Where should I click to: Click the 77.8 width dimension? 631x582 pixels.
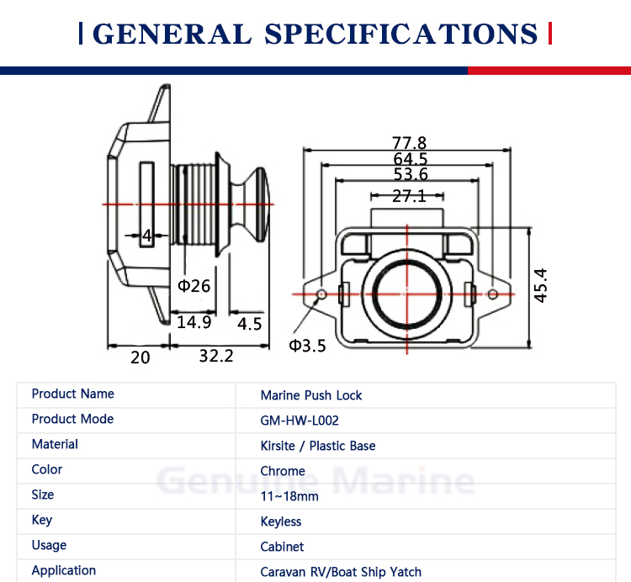(x=409, y=142)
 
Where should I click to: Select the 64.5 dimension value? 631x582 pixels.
(x=410, y=158)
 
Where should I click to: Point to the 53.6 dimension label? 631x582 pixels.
(x=411, y=174)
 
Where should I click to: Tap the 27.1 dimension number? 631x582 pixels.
(x=409, y=196)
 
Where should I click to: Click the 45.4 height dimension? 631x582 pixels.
(x=540, y=285)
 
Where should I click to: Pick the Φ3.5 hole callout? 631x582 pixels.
(x=307, y=346)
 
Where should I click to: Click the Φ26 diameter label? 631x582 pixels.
(x=194, y=286)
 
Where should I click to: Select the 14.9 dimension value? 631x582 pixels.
(x=194, y=322)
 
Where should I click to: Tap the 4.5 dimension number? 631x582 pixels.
(x=250, y=324)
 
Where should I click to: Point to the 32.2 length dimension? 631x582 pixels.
(x=216, y=356)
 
